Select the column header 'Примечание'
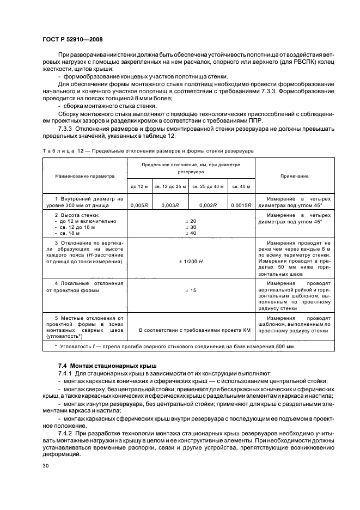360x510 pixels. click(295, 176)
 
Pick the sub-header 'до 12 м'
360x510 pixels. click(139, 186)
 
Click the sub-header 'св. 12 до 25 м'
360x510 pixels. click(170, 186)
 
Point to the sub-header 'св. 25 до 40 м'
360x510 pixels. click(208, 186)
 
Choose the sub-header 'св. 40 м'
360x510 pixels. click(241, 186)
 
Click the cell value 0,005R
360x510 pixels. click(139, 205)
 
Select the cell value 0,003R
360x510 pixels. click(170, 205)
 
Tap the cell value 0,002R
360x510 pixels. click(208, 205)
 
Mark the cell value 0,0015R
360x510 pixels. click(241, 205)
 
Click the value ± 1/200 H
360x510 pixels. click(190, 262)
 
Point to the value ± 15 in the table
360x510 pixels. click(190, 291)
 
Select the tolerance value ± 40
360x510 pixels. click(190, 233)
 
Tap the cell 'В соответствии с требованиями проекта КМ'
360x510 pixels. click(190, 330)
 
